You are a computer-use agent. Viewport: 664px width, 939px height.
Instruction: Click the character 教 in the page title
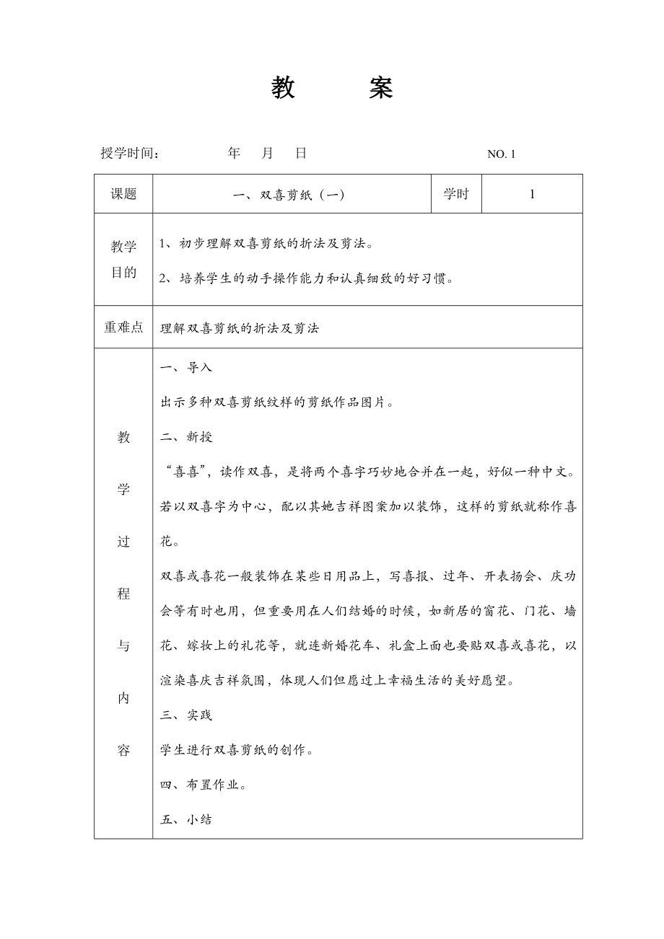click(283, 88)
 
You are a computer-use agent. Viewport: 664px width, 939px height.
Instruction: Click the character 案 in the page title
click(380, 88)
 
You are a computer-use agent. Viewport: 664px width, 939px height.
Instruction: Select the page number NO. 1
click(502, 154)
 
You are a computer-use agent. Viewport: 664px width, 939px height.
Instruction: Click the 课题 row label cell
click(123, 194)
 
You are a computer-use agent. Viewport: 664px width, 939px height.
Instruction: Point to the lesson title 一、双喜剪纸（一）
click(292, 194)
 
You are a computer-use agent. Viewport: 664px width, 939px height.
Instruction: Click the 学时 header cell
click(456, 194)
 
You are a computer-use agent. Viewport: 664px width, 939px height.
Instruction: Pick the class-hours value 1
click(532, 194)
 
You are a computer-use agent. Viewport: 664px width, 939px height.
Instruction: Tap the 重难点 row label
click(123, 327)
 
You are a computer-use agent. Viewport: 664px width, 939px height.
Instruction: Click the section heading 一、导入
click(186, 367)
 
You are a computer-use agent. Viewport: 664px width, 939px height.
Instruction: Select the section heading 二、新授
click(186, 437)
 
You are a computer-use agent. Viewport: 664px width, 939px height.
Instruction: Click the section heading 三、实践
click(186, 715)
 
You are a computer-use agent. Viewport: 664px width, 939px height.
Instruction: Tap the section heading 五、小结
click(186, 820)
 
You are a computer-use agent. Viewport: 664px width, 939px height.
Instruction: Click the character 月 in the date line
click(267, 153)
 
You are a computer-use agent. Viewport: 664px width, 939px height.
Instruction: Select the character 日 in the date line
click(301, 153)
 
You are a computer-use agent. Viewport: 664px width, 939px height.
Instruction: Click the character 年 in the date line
click(234, 153)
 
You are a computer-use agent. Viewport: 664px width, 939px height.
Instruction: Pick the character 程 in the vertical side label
click(123, 594)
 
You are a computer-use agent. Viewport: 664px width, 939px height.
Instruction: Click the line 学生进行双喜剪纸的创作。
click(237, 750)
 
